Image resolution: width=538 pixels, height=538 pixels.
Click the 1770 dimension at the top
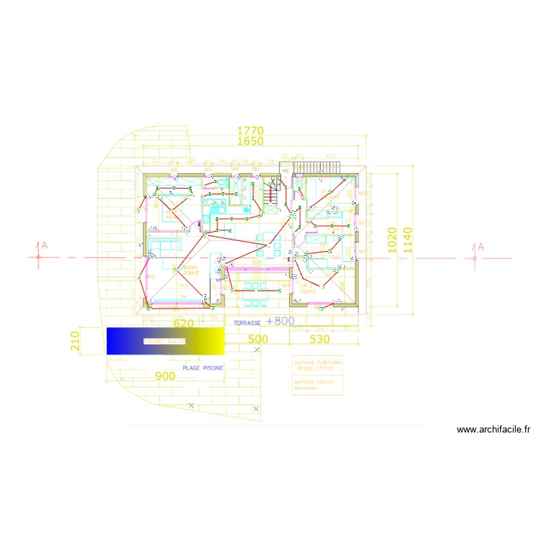tap(251, 131)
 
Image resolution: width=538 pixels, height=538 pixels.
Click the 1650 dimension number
tap(251, 141)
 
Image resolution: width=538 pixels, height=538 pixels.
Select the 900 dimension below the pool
tap(165, 376)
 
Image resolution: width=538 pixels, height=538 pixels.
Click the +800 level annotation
tap(280, 321)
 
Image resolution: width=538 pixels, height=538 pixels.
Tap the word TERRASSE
tap(247, 324)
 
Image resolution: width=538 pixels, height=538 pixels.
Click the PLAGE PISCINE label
tap(202, 367)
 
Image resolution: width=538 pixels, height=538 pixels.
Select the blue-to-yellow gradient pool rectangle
tap(165, 341)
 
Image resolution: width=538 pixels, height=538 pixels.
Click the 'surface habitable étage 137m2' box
tap(318, 365)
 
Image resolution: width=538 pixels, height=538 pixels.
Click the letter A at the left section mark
tap(44, 246)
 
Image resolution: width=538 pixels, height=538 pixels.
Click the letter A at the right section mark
tap(481, 247)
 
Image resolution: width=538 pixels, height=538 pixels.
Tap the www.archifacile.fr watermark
tap(493, 430)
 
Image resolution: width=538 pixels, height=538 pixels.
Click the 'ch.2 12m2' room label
tap(308, 289)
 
